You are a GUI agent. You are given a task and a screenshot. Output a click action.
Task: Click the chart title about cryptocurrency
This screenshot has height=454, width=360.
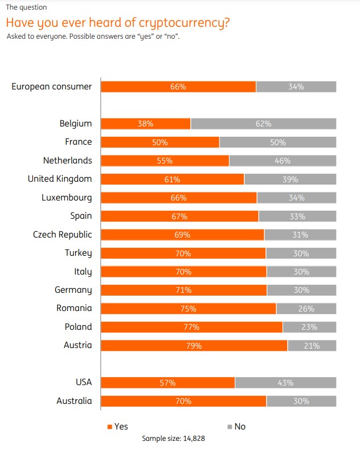pyautogui.click(x=118, y=23)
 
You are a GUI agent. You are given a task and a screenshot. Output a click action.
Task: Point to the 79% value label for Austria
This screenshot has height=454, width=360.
pyautogui.click(x=194, y=345)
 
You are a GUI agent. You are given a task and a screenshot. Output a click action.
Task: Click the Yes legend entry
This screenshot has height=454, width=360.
pyautogui.click(x=117, y=426)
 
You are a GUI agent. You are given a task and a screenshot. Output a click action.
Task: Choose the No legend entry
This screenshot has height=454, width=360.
pyautogui.click(x=236, y=426)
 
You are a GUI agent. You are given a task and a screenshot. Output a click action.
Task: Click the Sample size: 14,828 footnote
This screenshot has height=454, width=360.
pyautogui.click(x=173, y=439)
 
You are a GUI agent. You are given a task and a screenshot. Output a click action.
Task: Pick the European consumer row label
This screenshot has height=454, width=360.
pyautogui.click(x=51, y=87)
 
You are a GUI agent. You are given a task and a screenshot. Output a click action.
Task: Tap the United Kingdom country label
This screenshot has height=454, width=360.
pyautogui.click(x=59, y=179)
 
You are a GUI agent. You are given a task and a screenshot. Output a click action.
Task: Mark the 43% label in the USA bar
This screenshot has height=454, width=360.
pyautogui.click(x=285, y=383)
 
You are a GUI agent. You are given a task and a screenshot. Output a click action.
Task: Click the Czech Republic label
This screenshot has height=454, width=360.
pyautogui.click(x=62, y=234)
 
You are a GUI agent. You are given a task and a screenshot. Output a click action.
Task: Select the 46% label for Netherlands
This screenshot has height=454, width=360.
pyautogui.click(x=283, y=161)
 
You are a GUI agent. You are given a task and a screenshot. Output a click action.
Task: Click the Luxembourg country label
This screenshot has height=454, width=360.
pyautogui.click(x=66, y=198)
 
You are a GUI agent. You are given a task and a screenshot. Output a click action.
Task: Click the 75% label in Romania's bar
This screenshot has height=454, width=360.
pyautogui.click(x=189, y=309)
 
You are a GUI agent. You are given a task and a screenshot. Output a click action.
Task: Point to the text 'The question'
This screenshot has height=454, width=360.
pyautogui.click(x=26, y=7)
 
